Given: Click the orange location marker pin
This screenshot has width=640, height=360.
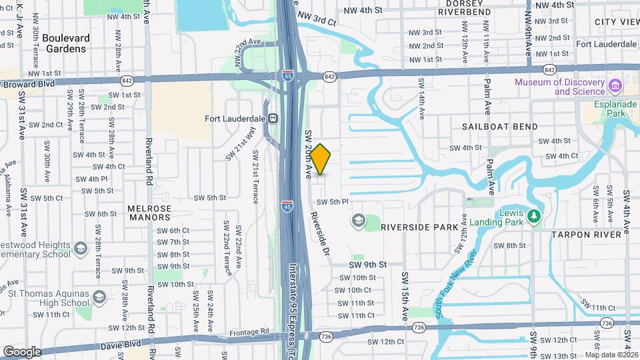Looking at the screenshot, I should point(321,159).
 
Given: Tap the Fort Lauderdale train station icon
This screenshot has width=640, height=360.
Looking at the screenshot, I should point(273,118).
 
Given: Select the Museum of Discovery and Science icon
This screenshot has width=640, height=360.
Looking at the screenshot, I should point(615,86).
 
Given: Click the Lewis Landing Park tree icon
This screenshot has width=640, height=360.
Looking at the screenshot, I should point(533,217).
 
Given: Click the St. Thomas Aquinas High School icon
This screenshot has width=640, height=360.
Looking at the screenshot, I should point(99,296).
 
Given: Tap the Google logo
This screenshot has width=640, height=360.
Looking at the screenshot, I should point(22,351).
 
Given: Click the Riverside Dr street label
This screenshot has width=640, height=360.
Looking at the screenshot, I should point(321,233).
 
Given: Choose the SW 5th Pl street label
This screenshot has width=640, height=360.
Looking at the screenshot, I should point(333,202).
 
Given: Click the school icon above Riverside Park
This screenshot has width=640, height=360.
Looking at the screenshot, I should point(358,219).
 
